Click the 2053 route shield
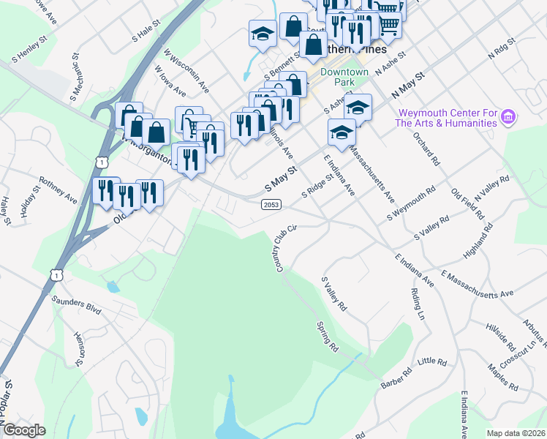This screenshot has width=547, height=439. pyautogui.click(x=271, y=206)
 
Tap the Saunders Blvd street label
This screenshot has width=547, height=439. pyautogui.click(x=75, y=304)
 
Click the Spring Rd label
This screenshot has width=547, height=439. pyautogui.click(x=327, y=335)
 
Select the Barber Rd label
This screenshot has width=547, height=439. pyautogui.click(x=397, y=378)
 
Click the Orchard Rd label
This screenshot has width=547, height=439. pyautogui.click(x=426, y=149)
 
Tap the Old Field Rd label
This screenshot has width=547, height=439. pyautogui.click(x=468, y=206)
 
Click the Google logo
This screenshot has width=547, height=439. pyautogui.click(x=24, y=430)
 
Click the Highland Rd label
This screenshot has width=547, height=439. pyautogui.click(x=478, y=243)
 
